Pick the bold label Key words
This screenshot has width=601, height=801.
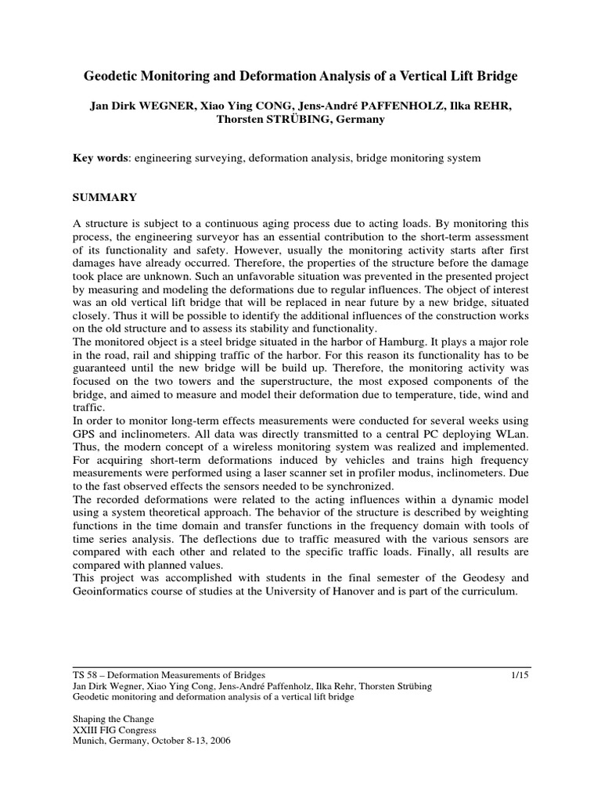(x=100, y=158)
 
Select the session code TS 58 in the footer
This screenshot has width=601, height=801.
(x=82, y=674)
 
